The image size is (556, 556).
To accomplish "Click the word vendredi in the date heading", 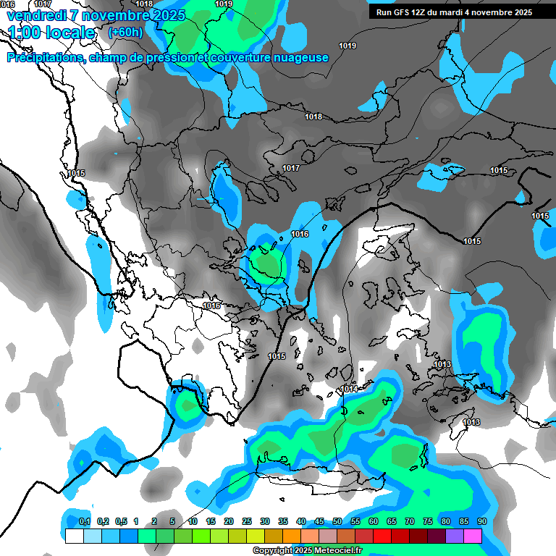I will [35, 15].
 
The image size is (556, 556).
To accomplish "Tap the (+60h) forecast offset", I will [125, 32].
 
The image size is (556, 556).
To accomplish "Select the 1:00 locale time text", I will [52, 33].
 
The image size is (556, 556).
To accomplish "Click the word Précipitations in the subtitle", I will [43, 58].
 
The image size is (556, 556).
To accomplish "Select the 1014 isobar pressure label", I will [349, 389].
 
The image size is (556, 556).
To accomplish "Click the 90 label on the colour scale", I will [482, 521].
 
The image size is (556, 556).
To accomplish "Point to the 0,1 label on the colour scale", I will [85, 521].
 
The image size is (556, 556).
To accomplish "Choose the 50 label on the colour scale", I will [337, 521].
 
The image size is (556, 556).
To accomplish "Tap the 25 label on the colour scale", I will [247, 521].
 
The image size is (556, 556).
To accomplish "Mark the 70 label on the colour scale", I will [410, 521].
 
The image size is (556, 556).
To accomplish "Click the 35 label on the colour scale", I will [283, 521].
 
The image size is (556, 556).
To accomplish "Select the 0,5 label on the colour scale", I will [121, 521].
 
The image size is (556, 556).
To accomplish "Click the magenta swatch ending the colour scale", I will [473, 536].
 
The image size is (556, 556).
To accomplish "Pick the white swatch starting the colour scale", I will [74, 536].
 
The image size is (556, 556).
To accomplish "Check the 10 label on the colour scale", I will [193, 521].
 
